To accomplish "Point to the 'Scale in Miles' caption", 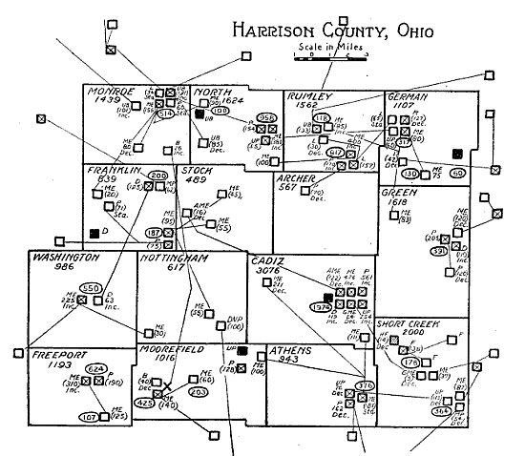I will tap(327, 47).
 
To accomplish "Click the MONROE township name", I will tap(113, 92).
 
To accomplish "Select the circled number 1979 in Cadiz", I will tap(322, 306).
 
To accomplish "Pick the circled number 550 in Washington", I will tap(91, 287).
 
